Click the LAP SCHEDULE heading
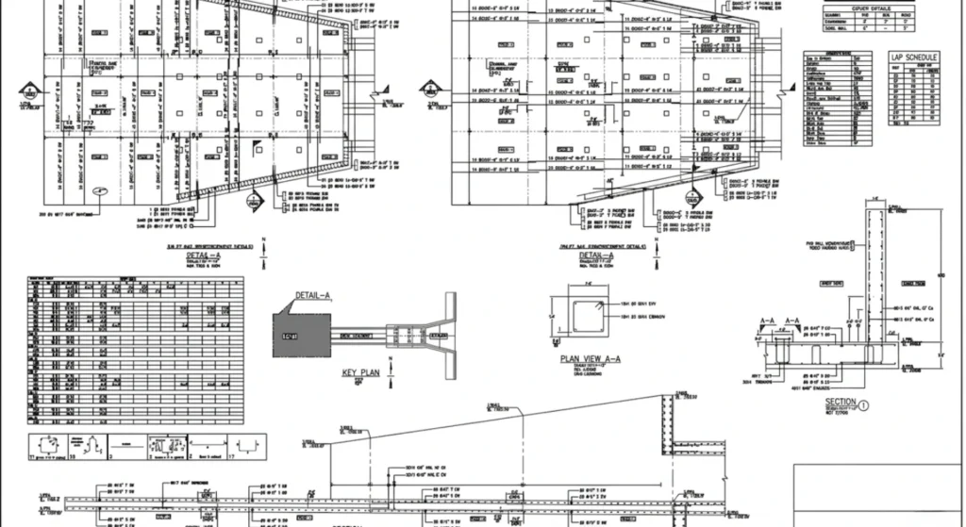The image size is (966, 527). click(x=913, y=58)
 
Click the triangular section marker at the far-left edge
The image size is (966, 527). click(x=31, y=92)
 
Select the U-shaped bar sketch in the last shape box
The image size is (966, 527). click(x=247, y=445)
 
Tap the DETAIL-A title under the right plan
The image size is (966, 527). click(x=596, y=255)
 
